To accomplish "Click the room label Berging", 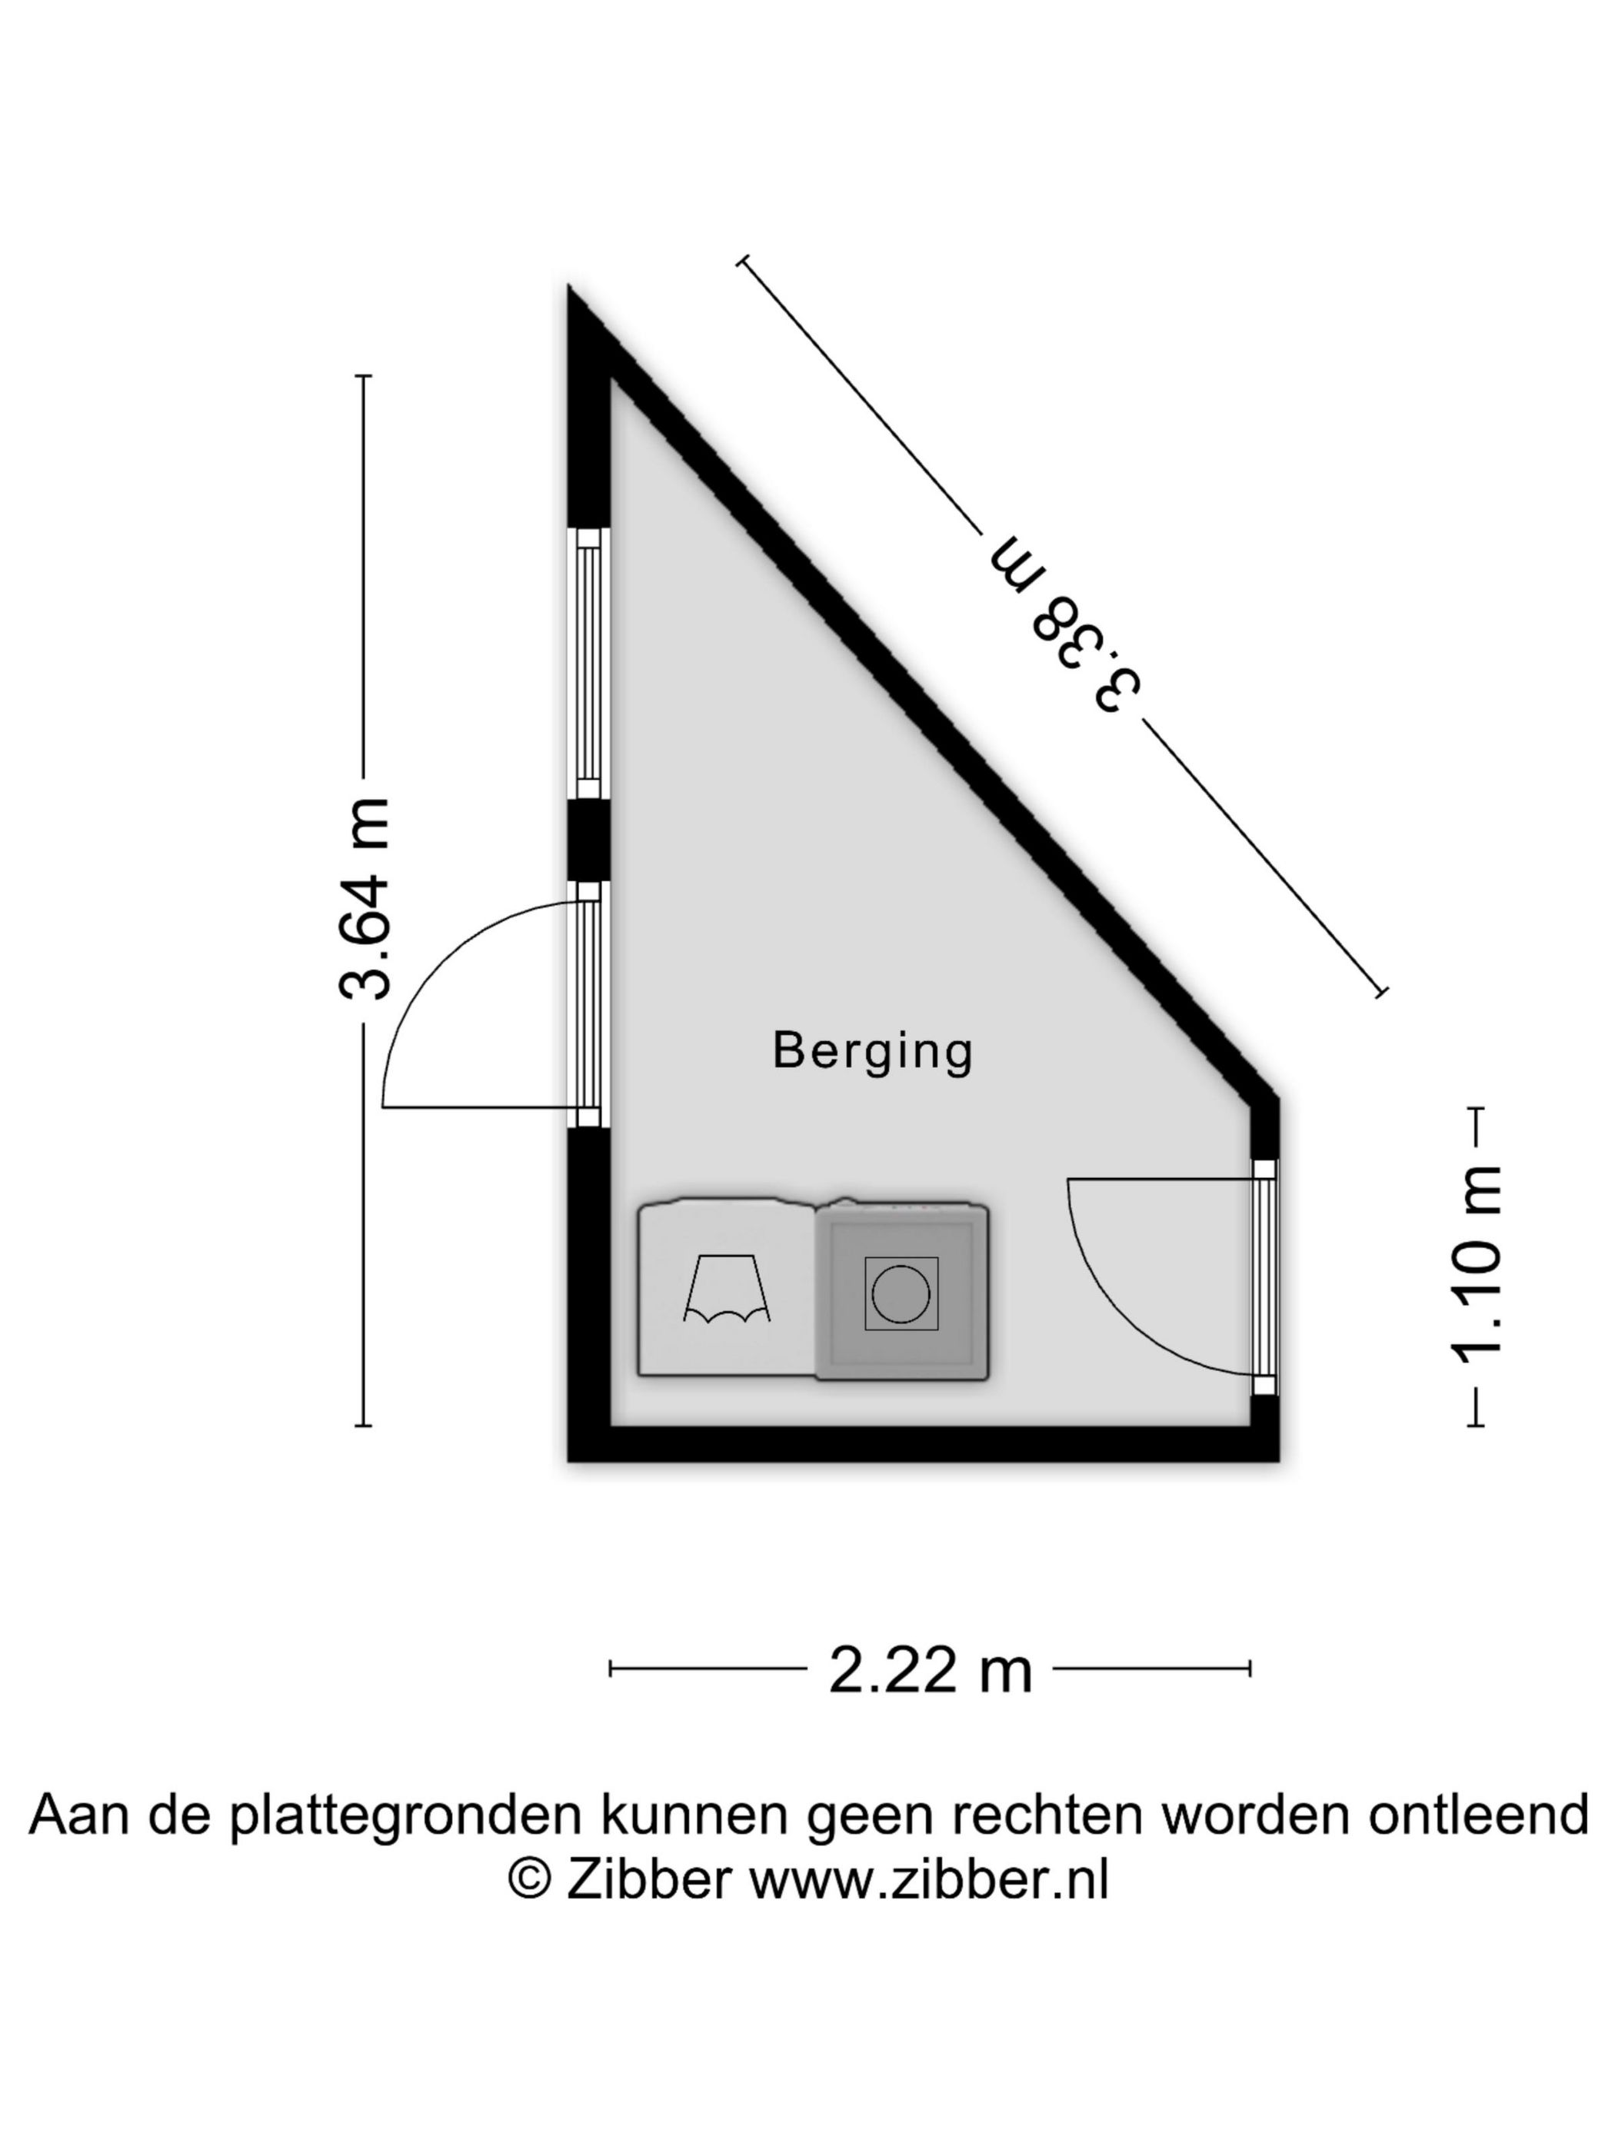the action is click(x=872, y=1052).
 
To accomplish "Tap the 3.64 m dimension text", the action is click(x=366, y=898).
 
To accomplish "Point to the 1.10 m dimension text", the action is click(x=1476, y=1266).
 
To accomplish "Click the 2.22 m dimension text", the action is click(x=930, y=1670).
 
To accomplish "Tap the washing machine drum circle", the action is click(x=901, y=1293).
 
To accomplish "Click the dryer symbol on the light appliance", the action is click(x=726, y=1289).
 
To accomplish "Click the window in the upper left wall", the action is click(x=588, y=665).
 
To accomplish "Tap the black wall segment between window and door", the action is click(x=588, y=841).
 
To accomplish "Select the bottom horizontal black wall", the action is click(x=923, y=1444).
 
